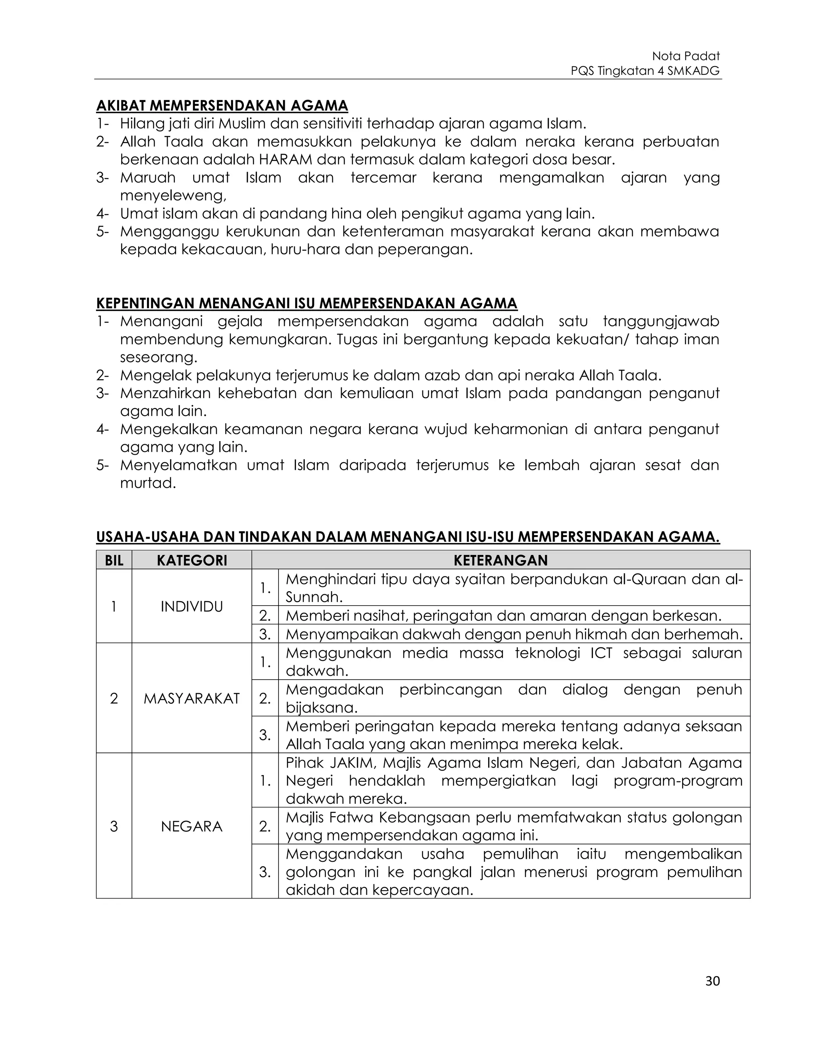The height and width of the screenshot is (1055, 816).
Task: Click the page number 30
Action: pos(712,981)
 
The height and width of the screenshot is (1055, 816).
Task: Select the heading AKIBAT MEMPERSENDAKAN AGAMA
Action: pos(222,105)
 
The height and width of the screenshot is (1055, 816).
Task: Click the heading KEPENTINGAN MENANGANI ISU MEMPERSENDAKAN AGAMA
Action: pos(306,303)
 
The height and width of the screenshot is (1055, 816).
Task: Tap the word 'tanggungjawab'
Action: pos(661,321)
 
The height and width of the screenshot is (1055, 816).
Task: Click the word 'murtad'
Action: pos(147,483)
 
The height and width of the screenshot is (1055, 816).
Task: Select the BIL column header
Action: pos(114,561)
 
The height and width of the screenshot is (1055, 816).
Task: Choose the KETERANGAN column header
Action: pos(500,561)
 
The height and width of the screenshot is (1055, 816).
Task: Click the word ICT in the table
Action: pos(601,653)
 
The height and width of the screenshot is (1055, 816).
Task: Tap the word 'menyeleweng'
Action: pos(172,195)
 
